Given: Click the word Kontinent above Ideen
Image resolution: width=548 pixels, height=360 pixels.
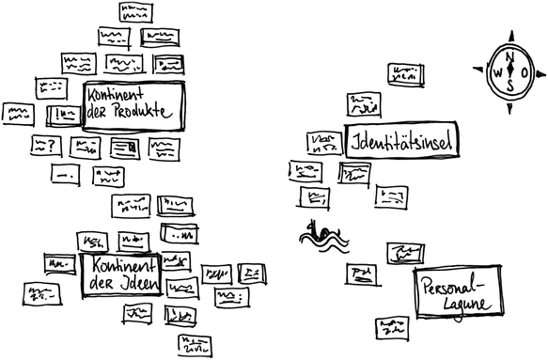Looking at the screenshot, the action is (x=117, y=265).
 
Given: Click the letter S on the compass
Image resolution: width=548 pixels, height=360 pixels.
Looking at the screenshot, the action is (x=510, y=86).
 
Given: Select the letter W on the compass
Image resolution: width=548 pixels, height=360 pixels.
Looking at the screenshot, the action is (x=496, y=72).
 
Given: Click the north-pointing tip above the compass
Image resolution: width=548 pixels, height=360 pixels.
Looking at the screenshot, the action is (x=510, y=35).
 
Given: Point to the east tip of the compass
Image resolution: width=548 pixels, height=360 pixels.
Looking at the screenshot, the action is (x=541, y=72).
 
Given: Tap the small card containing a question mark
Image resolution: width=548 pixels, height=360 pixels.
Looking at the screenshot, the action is (x=46, y=146).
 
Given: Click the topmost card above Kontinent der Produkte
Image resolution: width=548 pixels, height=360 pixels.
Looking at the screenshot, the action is (x=137, y=12).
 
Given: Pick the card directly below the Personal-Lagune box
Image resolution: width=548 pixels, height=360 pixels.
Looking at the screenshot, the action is (x=391, y=327).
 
